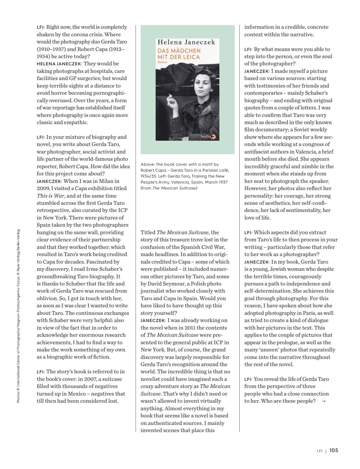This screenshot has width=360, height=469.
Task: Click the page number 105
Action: pyautogui.click(x=333, y=451)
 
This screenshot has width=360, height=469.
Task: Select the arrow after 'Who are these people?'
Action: pyautogui.click(x=323, y=401)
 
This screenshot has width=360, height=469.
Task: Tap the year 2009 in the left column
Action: pyautogui.click(x=42, y=188)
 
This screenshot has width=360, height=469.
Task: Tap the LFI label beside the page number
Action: pyautogui.click(x=319, y=451)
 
